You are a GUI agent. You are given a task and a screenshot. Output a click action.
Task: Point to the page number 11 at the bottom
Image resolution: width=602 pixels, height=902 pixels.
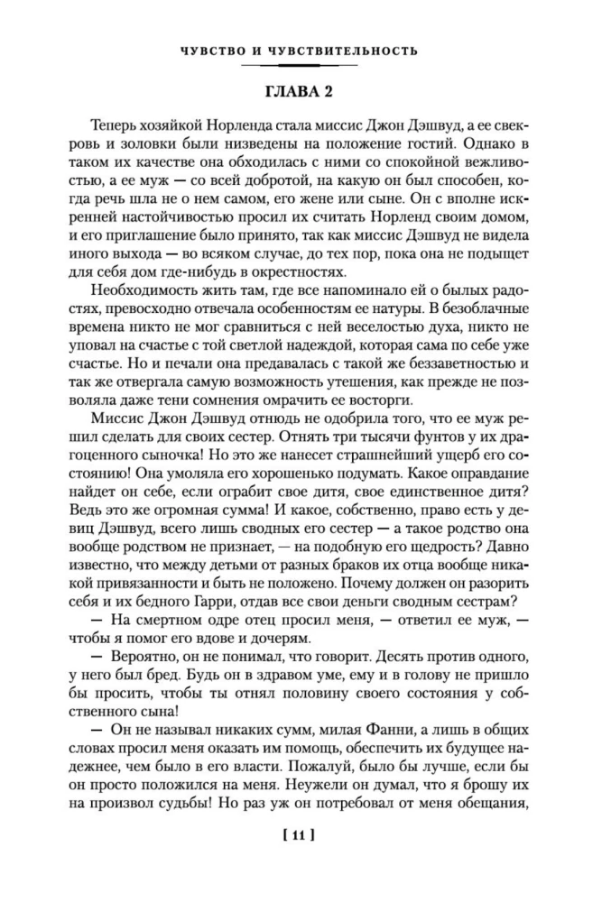pos(301,836)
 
